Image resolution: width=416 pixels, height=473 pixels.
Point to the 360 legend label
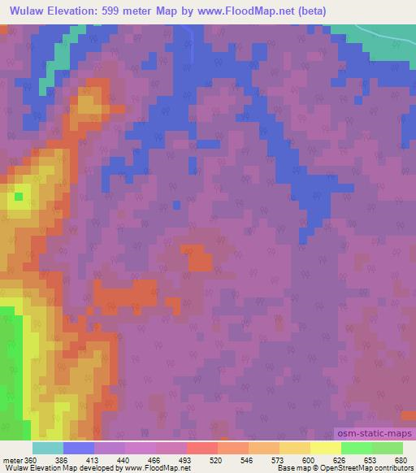(31, 461)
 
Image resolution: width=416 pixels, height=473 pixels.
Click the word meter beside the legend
(11, 461)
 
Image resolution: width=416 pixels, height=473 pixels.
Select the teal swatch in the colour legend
(48, 448)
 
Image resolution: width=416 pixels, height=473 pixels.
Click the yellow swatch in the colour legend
(325, 448)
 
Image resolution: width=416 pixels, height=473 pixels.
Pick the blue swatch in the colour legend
(79, 448)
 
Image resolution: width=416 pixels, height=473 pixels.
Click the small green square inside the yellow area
(18, 196)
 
